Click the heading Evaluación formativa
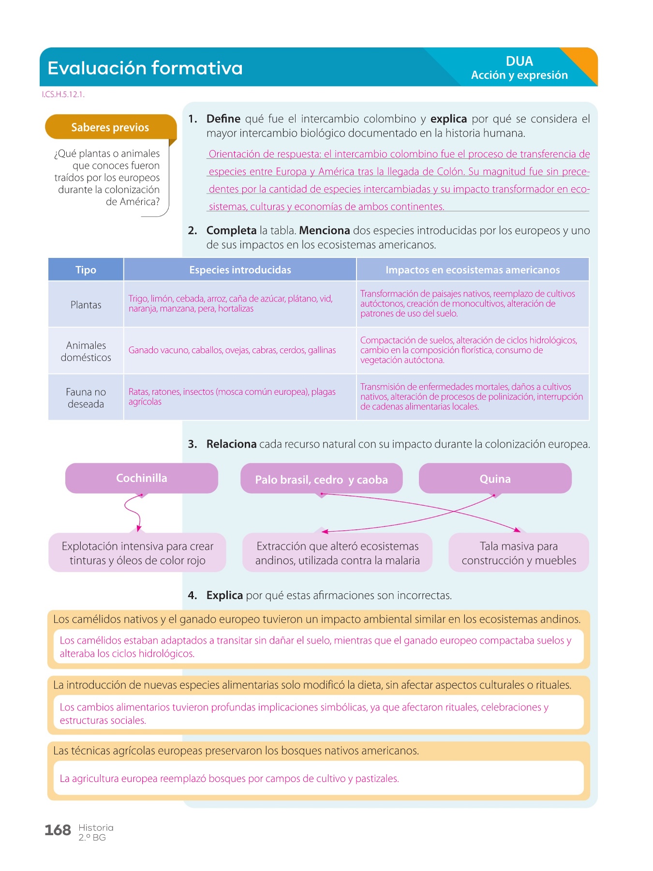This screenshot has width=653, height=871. click(145, 68)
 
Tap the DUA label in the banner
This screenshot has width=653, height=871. click(519, 61)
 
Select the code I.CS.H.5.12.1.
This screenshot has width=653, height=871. click(63, 95)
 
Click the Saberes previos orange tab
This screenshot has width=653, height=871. click(110, 127)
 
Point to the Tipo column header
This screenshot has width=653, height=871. click(86, 270)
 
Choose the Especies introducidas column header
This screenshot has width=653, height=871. click(240, 270)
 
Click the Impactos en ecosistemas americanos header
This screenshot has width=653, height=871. click(472, 270)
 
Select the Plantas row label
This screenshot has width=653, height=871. click(86, 305)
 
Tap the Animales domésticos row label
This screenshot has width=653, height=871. click(86, 351)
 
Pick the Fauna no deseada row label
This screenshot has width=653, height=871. click(86, 398)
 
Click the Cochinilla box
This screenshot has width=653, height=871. click(141, 478)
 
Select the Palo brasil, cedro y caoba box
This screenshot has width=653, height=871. click(321, 479)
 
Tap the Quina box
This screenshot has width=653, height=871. click(495, 479)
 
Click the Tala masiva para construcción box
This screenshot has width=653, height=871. click(519, 553)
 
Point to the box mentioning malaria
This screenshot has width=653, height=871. click(337, 553)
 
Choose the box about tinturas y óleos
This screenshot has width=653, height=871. click(137, 553)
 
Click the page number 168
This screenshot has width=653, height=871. click(58, 830)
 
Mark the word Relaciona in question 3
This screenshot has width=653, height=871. click(231, 444)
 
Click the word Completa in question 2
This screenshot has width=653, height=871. click(231, 230)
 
